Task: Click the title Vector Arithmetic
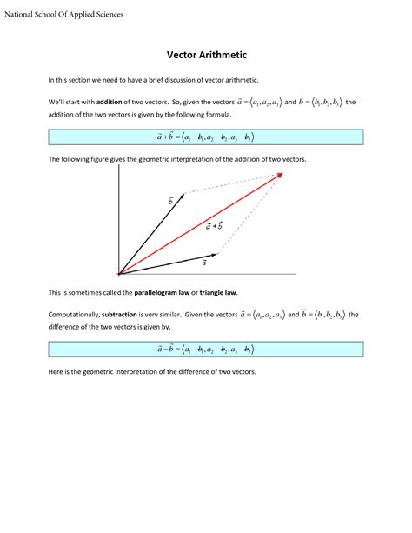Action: pyautogui.click(x=206, y=55)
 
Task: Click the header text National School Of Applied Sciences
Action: pyautogui.click(x=64, y=15)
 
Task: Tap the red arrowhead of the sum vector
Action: pyautogui.click(x=281, y=176)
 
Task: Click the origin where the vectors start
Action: pyautogui.click(x=118, y=272)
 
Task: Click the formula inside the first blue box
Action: pyautogui.click(x=205, y=136)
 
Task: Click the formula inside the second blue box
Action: pyautogui.click(x=205, y=349)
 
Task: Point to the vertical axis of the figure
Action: pyautogui.click(x=118, y=217)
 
